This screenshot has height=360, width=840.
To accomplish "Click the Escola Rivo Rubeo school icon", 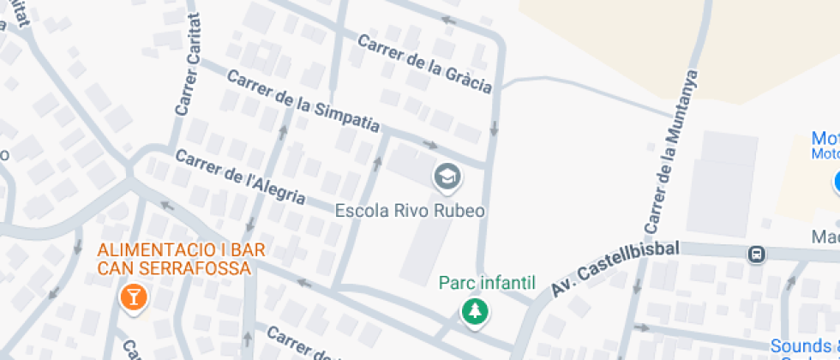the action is click(447, 177).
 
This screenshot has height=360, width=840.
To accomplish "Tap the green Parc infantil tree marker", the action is click(472, 312).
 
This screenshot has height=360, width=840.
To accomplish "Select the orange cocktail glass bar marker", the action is click(134, 297).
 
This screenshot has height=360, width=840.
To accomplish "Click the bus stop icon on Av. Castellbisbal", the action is click(757, 254).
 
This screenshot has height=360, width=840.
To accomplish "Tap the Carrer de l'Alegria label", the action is click(240, 177).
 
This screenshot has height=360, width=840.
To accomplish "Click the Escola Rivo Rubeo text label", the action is click(410, 211).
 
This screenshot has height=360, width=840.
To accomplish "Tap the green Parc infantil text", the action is click(487, 282).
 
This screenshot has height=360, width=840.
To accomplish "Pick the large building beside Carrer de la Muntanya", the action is click(723, 183).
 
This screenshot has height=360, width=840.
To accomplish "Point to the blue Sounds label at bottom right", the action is click(804, 346).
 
